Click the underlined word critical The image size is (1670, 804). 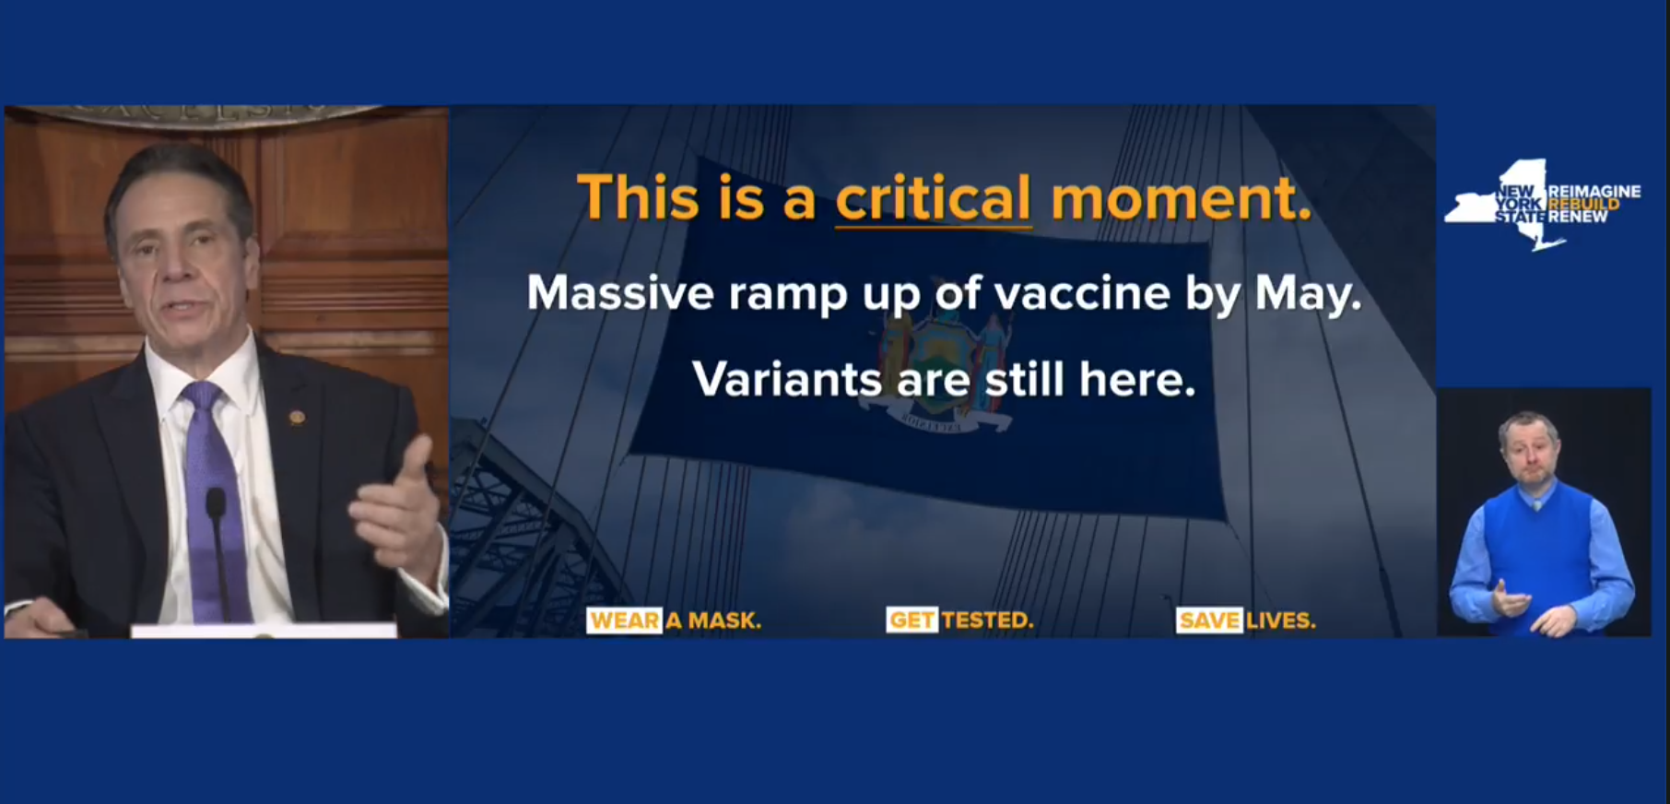(933, 198)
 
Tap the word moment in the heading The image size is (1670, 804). (1181, 198)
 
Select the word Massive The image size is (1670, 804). (620, 294)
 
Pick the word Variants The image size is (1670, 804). (786, 379)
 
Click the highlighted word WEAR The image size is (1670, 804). (624, 621)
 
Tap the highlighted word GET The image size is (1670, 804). (911, 621)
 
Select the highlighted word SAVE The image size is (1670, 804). (1209, 621)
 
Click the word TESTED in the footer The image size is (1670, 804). (987, 621)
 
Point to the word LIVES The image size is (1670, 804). (1281, 621)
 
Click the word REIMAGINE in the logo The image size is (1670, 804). (1594, 191)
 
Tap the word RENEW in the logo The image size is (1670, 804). (1578, 217)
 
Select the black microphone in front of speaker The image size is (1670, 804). (218, 553)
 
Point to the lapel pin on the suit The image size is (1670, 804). (297, 418)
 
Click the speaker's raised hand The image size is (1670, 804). (394, 507)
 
